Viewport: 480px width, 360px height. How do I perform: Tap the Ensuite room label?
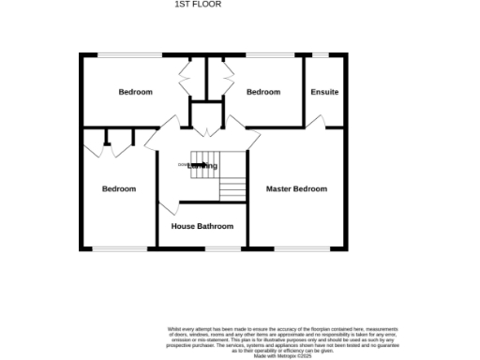click(x=324, y=92)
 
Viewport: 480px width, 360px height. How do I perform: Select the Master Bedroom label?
click(x=296, y=189)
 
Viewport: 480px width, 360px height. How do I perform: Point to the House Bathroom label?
click(x=202, y=226)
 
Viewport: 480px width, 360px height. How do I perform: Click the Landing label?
click(x=202, y=167)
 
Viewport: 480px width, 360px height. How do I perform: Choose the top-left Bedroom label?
click(x=135, y=92)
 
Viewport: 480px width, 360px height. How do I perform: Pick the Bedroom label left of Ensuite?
click(x=263, y=92)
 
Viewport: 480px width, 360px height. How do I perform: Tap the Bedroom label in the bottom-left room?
click(x=119, y=189)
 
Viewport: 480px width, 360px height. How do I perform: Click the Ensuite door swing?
click(x=316, y=121)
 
